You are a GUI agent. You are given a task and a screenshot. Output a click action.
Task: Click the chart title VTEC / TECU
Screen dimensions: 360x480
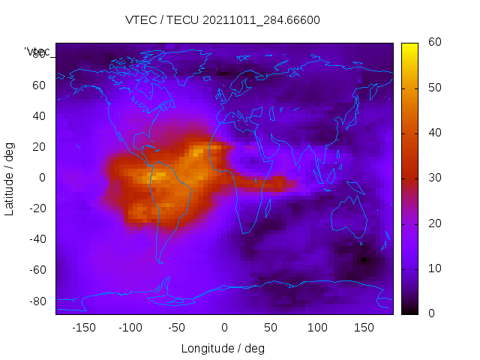pos(223,20)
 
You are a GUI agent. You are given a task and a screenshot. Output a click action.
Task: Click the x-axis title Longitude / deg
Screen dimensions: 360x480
pos(223,348)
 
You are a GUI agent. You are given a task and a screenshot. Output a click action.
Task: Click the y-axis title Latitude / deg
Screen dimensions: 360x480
pos(10,178)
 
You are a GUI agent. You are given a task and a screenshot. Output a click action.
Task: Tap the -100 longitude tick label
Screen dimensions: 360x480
pos(130,327)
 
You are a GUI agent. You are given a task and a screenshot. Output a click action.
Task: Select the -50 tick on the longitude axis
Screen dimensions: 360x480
pos(177,327)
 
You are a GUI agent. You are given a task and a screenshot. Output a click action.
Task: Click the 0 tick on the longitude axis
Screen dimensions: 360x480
pos(223,327)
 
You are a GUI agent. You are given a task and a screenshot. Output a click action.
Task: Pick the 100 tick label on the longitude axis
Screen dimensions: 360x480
pos(317,327)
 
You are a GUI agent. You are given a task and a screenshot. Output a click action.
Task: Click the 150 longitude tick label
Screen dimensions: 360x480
pos(364,327)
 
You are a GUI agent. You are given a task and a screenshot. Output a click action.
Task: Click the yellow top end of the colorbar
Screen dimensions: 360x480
pos(409,46)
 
